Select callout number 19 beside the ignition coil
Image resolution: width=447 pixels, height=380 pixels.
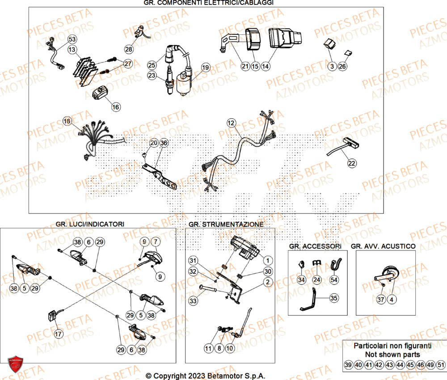(x=205, y=67)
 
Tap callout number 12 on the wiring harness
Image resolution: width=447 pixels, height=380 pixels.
(x=231, y=122)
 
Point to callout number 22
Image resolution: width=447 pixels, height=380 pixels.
(x=352, y=163)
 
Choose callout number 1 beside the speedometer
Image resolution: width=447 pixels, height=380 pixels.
(x=267, y=260)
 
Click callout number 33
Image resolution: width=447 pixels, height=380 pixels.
(x=193, y=301)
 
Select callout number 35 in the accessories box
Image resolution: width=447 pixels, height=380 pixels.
(x=334, y=297)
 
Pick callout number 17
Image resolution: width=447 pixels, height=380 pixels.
(x=58, y=334)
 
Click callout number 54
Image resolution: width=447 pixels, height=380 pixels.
(x=334, y=280)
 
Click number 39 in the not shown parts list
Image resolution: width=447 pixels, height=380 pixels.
(x=349, y=365)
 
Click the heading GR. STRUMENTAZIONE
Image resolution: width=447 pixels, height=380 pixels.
(x=226, y=224)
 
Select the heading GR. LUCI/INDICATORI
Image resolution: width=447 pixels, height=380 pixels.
(x=90, y=224)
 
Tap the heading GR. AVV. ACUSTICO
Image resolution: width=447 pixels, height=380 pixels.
(x=383, y=246)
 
